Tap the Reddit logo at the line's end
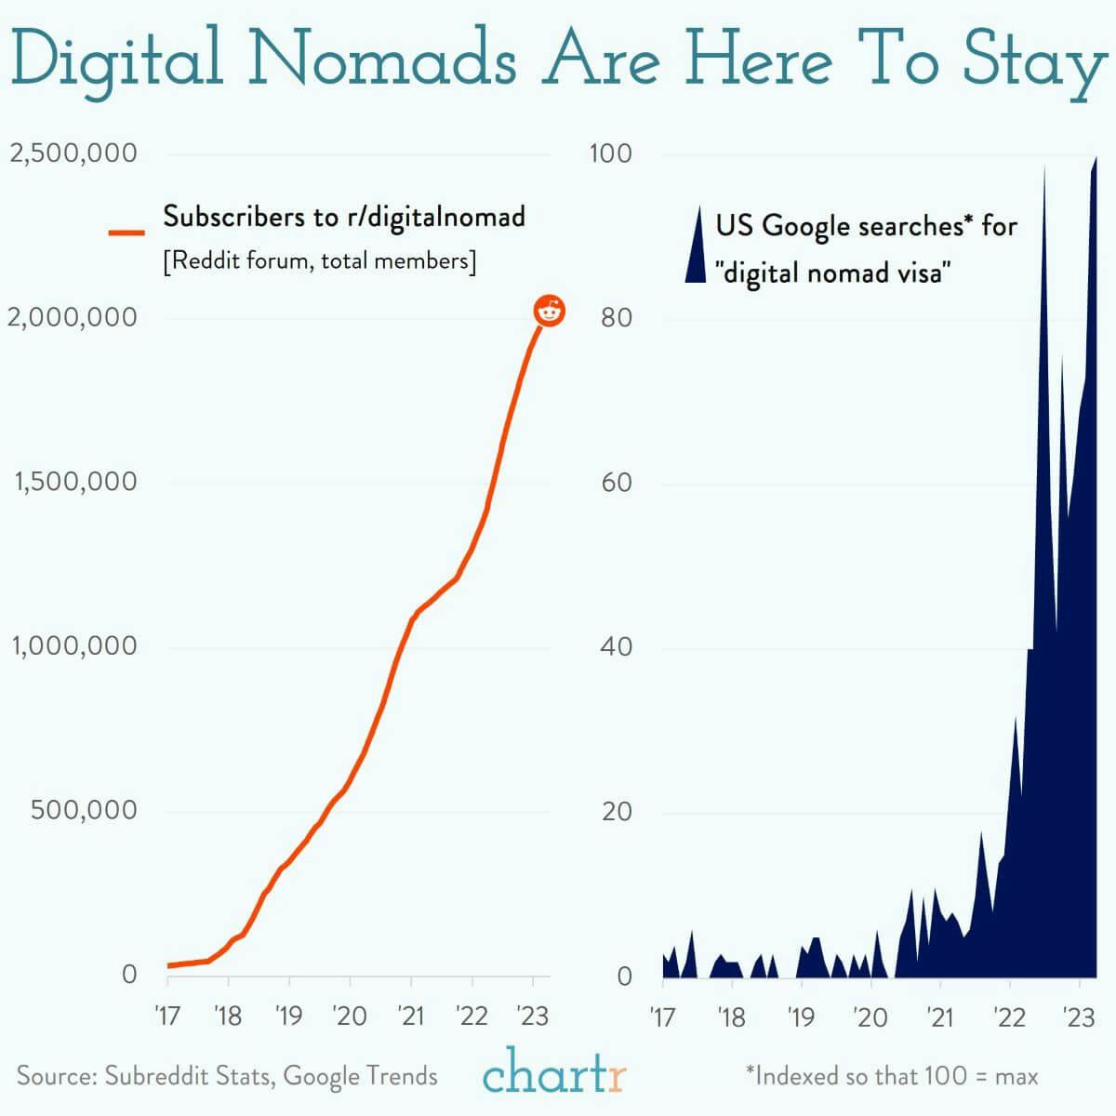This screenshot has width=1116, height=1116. tap(550, 312)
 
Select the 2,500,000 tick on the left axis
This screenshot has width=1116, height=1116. tap(73, 153)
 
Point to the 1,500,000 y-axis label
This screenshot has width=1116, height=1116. tap(73, 482)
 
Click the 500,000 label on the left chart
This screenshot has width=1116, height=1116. tap(84, 810)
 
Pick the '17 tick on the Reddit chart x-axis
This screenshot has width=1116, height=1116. tap(166, 1016)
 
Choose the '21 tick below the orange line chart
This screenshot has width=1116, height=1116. tap(410, 1016)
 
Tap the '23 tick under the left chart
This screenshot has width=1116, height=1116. tap(532, 1016)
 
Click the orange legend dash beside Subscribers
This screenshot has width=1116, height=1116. tap(127, 232)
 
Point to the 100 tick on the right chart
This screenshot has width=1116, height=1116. tap(610, 153)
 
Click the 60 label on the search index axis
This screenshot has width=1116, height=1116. tap(615, 482)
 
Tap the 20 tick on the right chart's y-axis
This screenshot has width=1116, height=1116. tap(615, 812)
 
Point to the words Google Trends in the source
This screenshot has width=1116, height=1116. tap(360, 1076)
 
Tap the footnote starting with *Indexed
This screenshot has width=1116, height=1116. tap(891, 1077)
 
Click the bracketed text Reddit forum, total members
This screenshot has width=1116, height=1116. tap(319, 261)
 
